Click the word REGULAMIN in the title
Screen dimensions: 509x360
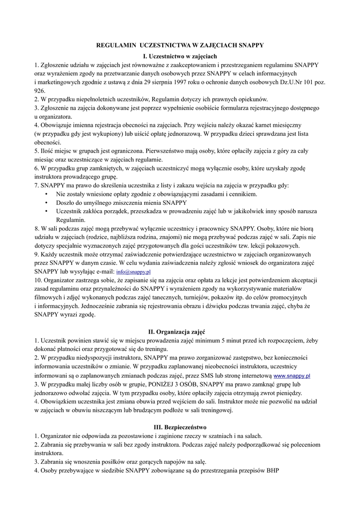[x=115, y=45]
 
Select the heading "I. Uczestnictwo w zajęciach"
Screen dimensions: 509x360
[x=180, y=56]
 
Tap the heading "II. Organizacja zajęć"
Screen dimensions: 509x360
[x=180, y=332]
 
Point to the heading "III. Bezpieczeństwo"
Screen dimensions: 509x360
[x=180, y=426]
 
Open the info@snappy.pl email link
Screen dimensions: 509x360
[x=133, y=272]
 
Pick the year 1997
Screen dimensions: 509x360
[x=181, y=82]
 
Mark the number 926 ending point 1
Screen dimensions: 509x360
[x=40, y=91]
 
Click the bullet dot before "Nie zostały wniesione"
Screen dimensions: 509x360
[x=46, y=194]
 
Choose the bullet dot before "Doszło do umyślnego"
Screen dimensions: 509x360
[x=46, y=202]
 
